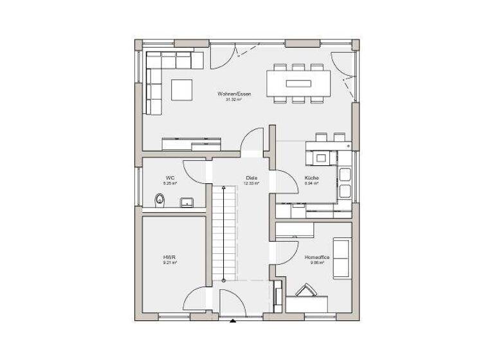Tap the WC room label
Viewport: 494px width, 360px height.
tap(170, 177)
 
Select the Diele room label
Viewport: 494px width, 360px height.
tap(251, 177)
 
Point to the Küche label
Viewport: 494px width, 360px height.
tap(311, 177)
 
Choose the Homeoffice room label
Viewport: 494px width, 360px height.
tap(316, 257)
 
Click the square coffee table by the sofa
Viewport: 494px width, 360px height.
tap(181, 89)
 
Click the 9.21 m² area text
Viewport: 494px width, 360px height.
tap(169, 263)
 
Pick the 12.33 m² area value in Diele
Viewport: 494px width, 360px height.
tap(251, 183)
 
